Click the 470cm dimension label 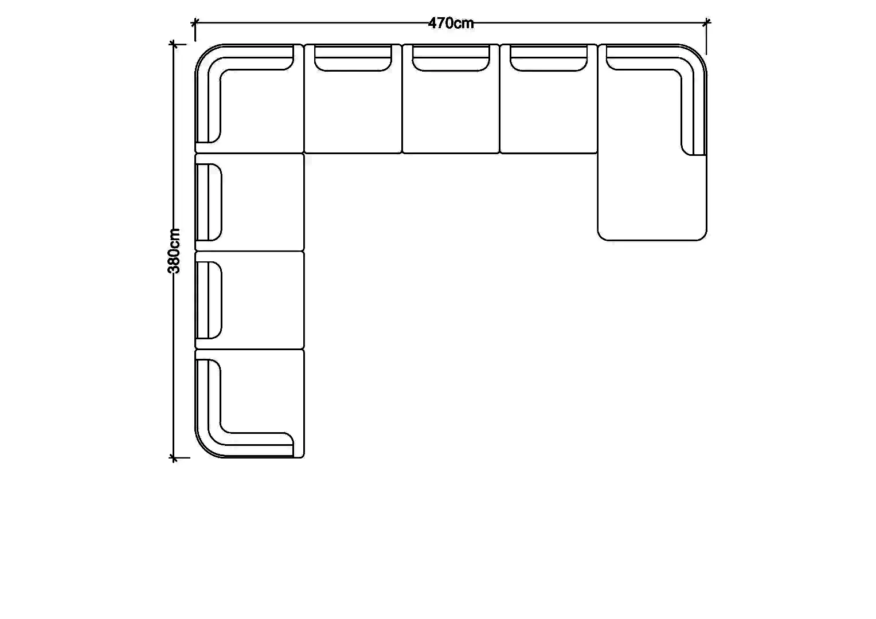coord(451,23)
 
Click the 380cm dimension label coord(174,251)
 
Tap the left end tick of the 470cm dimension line coord(195,23)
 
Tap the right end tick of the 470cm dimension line coord(706,23)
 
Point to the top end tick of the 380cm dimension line coord(173,44)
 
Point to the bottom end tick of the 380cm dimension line coord(173,457)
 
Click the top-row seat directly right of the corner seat coord(353,99)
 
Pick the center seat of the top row coord(451,99)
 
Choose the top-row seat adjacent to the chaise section coord(549,99)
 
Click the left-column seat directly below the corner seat coord(249,202)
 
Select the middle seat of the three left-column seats coord(249,300)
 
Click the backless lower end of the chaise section coord(652,198)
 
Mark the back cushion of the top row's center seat coord(451,58)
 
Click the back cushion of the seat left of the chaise coord(549,58)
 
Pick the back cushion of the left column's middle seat coord(209,300)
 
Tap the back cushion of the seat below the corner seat coord(209,202)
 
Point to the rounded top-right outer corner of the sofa coord(698,53)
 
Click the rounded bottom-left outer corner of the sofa coord(204,449)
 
